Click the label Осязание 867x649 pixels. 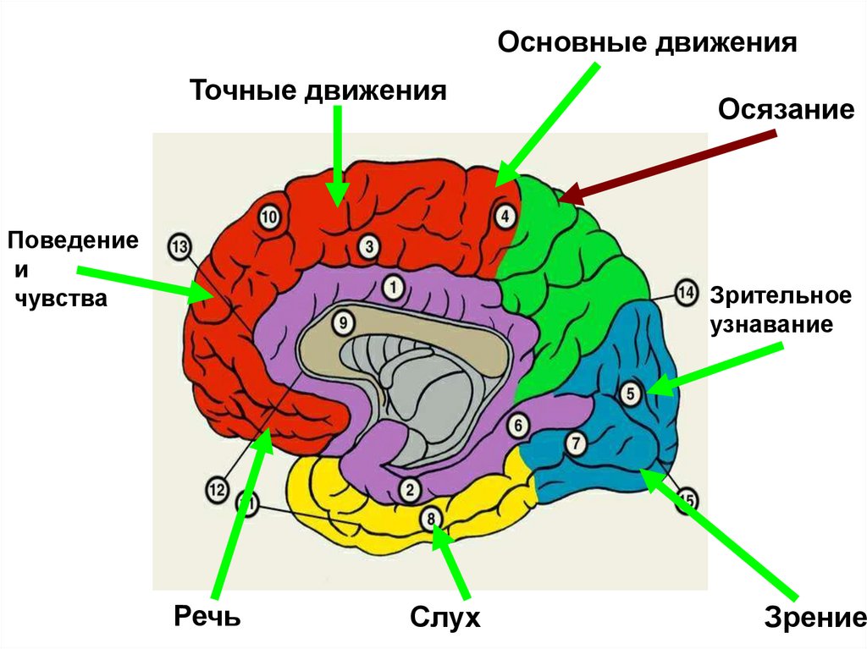(787, 109)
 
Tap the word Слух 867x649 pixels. (445, 617)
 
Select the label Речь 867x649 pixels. (207, 615)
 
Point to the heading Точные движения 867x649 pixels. (318, 91)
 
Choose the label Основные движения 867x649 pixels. (647, 43)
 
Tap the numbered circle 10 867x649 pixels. (268, 217)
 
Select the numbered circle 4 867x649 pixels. (505, 217)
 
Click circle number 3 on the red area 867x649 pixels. (368, 246)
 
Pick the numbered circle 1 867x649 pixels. (392, 288)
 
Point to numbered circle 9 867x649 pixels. (341, 322)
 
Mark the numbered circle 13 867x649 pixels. (179, 248)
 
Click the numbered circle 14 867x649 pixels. (686, 294)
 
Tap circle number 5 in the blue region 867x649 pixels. (630, 393)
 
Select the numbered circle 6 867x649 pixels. (518, 422)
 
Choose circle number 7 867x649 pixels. (576, 443)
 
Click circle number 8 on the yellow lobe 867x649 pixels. (431, 518)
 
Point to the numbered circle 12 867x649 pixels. (216, 488)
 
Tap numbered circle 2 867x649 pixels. (409, 488)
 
